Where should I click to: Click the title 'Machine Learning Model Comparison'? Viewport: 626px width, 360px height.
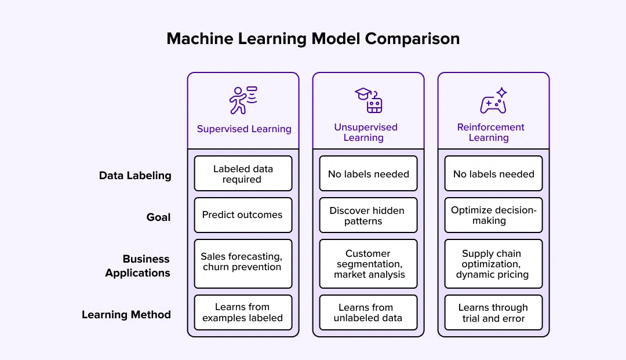coord(313,39)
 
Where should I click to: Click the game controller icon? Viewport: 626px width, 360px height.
coord(493,101)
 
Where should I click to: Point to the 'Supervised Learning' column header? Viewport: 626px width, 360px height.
coord(244,129)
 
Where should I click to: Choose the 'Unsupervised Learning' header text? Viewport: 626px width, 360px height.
coord(366,132)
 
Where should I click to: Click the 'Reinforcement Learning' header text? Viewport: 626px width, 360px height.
coord(490,132)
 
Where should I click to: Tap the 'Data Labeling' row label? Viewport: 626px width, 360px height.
coord(135,176)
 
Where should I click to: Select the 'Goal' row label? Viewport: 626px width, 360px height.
coord(158,217)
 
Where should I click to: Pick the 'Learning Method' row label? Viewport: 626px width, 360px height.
coord(126,315)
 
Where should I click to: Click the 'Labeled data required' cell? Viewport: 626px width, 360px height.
coord(243,173)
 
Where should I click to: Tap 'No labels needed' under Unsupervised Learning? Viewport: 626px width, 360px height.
coord(368,173)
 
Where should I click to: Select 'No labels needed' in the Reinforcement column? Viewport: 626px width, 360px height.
coord(493,173)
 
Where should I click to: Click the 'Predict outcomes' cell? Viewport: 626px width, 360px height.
coord(243,215)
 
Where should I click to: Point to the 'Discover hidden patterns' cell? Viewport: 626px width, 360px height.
coord(368,215)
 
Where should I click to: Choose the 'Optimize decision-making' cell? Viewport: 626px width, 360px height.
coord(493,215)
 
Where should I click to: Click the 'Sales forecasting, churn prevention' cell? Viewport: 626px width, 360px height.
coord(243,263)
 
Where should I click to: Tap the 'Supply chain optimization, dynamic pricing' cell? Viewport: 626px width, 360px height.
coord(493,264)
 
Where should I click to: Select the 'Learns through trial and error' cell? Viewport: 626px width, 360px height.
coord(493,312)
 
